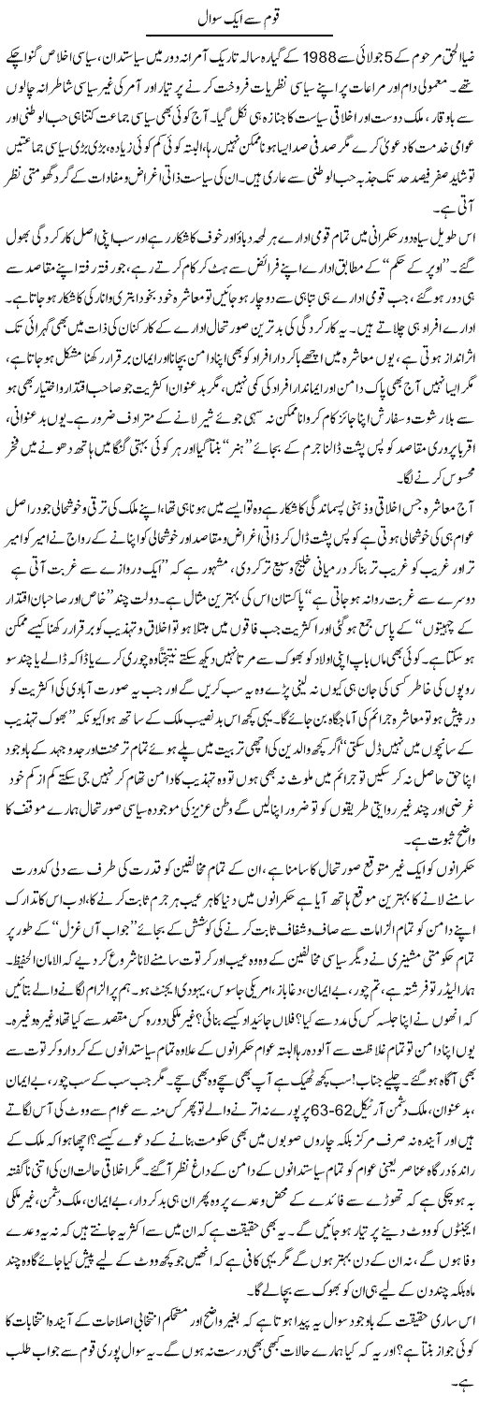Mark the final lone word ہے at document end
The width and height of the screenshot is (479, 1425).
click(x=465, y=1407)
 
